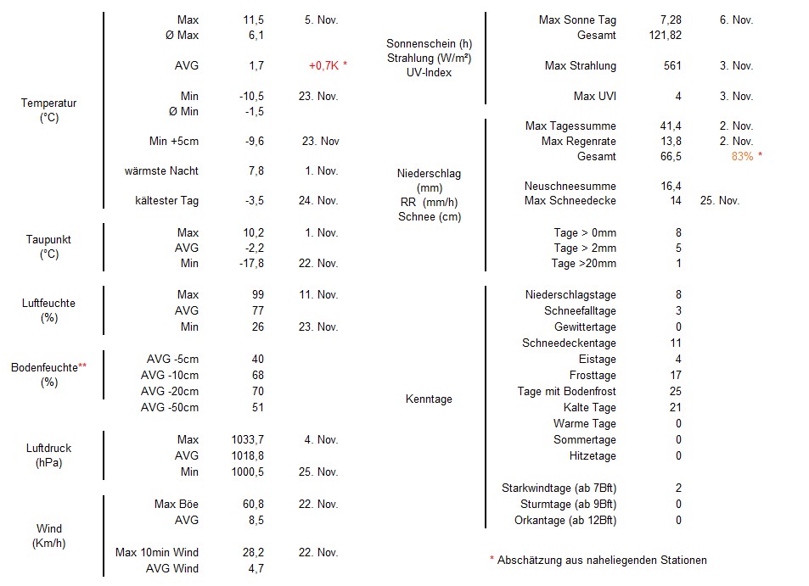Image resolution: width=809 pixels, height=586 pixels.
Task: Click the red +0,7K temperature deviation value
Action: (328, 65)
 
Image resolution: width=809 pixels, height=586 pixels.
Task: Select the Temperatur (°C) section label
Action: (48, 110)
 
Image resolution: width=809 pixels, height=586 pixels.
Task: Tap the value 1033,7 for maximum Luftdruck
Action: (247, 439)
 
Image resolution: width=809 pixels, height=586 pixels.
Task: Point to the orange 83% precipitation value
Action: (747, 156)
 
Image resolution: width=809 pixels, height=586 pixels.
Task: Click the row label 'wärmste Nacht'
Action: (161, 170)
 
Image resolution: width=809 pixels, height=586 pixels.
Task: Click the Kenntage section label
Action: (429, 399)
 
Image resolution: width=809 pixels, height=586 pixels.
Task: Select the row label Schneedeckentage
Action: (569, 343)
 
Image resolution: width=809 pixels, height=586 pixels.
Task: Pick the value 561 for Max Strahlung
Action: (671, 65)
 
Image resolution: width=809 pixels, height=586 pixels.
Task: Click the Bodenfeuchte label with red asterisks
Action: (48, 374)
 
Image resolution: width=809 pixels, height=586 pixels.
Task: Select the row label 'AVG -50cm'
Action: (170, 407)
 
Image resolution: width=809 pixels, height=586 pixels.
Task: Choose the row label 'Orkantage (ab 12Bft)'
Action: (565, 520)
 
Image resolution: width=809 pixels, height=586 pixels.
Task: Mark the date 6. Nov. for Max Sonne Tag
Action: (736, 20)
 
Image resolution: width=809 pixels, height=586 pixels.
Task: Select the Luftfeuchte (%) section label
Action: (48, 310)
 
